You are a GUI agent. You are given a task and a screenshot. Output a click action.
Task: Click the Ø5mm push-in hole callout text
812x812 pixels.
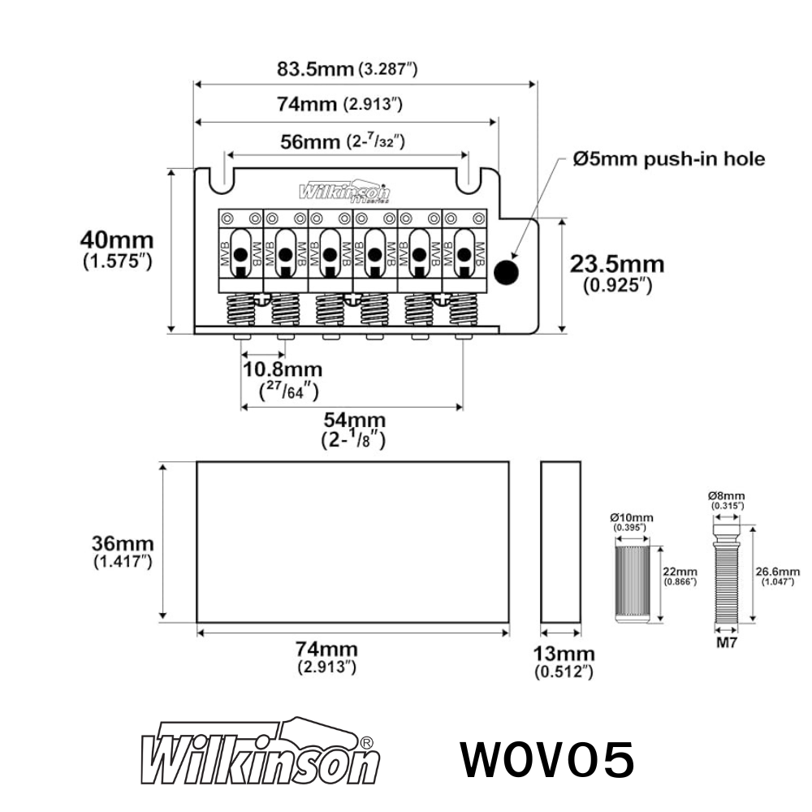(x=668, y=159)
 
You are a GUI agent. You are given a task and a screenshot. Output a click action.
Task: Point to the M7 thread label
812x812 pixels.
(x=728, y=643)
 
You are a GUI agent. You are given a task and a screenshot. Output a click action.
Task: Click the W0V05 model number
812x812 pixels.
(x=547, y=760)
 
